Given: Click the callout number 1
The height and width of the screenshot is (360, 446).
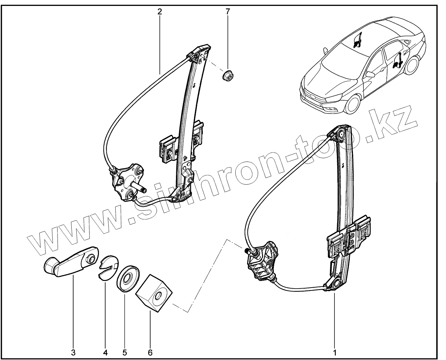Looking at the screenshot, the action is [335, 352].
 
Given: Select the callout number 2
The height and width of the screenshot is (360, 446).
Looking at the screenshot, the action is [160, 11].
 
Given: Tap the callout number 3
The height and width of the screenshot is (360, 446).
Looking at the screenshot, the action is [73, 352].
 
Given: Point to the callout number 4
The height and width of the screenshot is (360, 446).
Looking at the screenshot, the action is [105, 352].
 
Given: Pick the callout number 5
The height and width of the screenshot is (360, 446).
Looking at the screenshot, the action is [124, 352].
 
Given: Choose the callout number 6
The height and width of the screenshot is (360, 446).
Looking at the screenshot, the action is [150, 352].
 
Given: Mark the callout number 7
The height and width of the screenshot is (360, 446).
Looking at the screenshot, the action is [228, 11].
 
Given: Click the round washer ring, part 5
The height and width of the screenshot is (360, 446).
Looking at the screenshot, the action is [127, 279].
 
